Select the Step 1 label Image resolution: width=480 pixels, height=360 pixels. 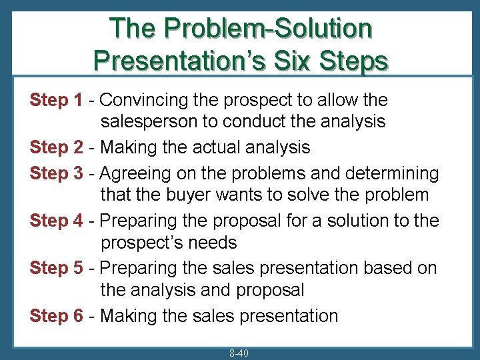pyautogui.click(x=56, y=101)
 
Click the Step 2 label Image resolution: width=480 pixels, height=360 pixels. pyautogui.click(x=56, y=147)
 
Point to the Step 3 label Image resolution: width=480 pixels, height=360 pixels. pyautogui.click(x=56, y=174)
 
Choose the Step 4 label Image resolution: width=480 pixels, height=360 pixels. pyautogui.click(x=56, y=221)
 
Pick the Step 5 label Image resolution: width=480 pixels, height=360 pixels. pyautogui.click(x=56, y=268)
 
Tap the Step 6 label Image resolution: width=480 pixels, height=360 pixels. pyautogui.click(x=56, y=315)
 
